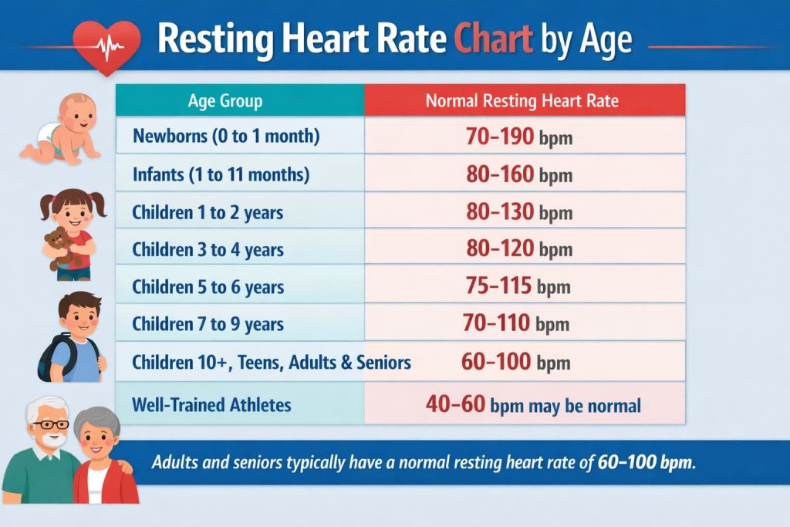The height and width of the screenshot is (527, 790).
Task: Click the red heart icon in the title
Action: (106, 46)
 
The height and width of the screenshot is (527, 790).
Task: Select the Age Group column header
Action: (225, 101)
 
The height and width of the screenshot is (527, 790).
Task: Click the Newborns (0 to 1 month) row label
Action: (226, 137)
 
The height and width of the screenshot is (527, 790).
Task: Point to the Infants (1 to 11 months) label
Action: (221, 174)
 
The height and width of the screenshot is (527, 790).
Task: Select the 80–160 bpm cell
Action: (518, 174)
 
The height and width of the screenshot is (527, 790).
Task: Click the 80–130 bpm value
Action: (518, 212)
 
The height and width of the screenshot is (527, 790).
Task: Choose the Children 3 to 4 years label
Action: (208, 249)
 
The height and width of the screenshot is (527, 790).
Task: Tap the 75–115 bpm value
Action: (518, 286)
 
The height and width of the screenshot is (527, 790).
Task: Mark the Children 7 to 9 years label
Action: (208, 324)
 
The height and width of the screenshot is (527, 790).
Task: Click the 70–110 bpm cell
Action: (516, 324)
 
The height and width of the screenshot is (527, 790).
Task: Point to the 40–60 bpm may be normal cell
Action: (532, 404)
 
